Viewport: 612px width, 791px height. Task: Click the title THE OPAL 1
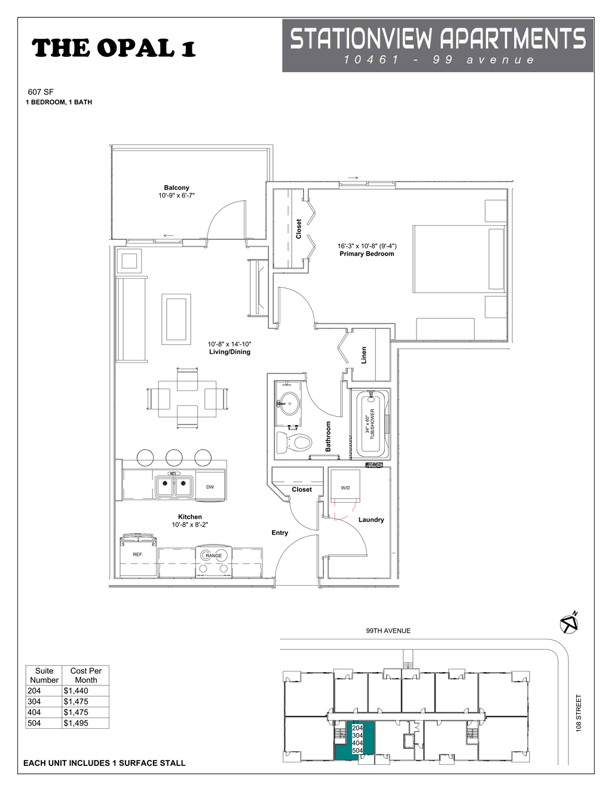(x=114, y=48)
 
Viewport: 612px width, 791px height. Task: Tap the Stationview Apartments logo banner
(x=437, y=45)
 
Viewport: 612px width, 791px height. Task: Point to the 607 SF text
(x=41, y=92)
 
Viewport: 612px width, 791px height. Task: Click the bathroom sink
(x=289, y=404)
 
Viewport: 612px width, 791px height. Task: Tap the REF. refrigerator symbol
(x=138, y=555)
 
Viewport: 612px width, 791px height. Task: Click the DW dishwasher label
(x=210, y=487)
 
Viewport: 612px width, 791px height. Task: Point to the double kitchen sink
(x=173, y=487)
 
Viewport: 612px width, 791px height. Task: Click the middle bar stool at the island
(x=174, y=458)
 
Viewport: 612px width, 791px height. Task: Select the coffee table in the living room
(x=176, y=319)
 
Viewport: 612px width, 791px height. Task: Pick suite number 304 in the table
(x=34, y=701)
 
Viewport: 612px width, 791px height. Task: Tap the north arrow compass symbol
(x=569, y=623)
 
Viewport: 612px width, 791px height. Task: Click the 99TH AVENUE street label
(x=388, y=630)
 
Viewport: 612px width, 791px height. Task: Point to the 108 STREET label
(x=578, y=713)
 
